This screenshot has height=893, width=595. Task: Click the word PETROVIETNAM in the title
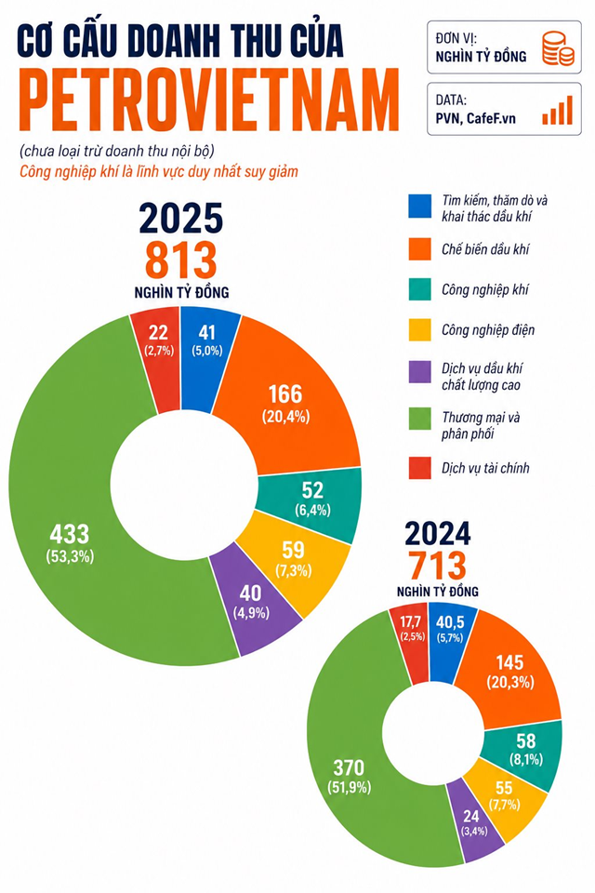point(208,100)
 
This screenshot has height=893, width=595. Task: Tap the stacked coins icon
point(558,48)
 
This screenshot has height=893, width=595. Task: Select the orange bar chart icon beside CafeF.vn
point(558,110)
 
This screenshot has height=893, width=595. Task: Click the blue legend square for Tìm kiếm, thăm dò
point(419,207)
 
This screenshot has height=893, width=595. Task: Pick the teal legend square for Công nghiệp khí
point(419,288)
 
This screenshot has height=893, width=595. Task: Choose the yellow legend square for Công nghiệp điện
point(419,329)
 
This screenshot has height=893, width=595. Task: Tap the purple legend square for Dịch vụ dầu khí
point(419,371)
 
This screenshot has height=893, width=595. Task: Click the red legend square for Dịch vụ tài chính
point(419,468)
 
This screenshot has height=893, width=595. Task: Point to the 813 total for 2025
point(181,260)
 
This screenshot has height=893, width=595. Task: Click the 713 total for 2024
point(437,566)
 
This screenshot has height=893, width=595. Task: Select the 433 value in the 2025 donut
point(70,535)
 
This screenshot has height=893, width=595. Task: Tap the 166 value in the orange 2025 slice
point(285,394)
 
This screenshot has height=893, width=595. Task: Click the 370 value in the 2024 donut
point(349,767)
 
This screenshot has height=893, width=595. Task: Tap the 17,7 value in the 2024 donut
point(411,621)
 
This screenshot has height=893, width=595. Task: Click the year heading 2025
point(181,218)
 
